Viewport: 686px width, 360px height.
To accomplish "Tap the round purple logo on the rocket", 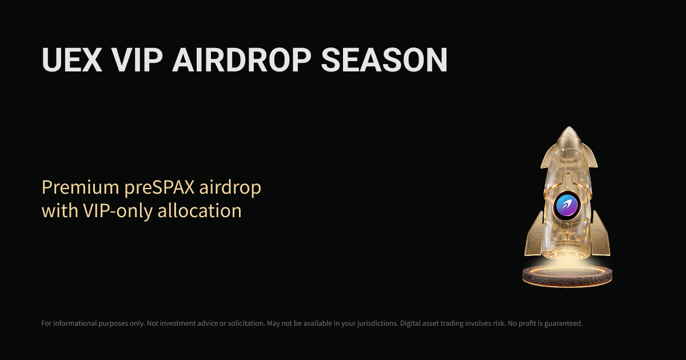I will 567,205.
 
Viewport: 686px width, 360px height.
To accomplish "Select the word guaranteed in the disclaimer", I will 561,323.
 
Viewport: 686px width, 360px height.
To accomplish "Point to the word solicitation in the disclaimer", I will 242,323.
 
